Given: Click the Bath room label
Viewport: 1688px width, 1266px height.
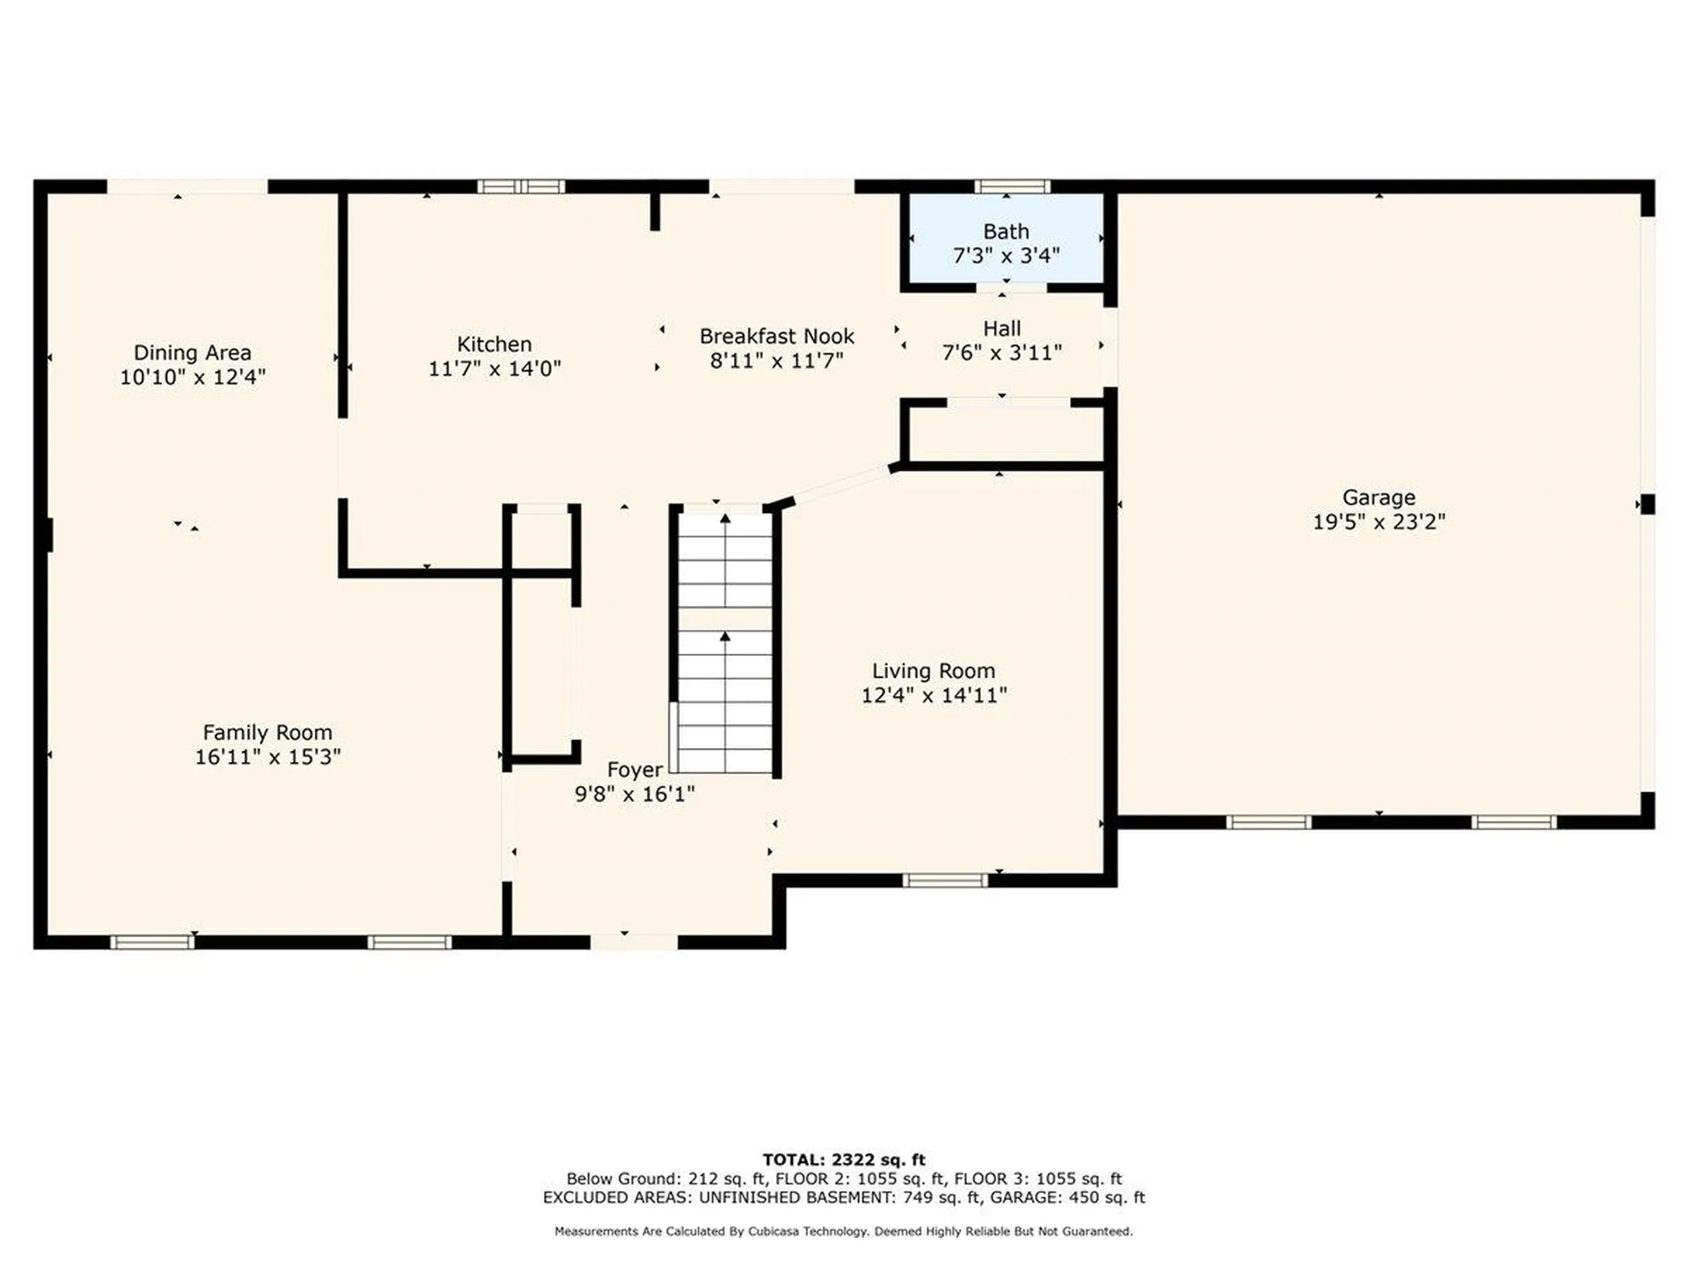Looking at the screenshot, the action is click(1006, 231).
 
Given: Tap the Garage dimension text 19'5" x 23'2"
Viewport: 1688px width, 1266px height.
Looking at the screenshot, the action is click(1379, 521).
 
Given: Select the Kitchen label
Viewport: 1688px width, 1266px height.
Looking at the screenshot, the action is click(494, 344).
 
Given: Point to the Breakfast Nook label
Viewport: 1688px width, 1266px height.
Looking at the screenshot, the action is click(776, 336).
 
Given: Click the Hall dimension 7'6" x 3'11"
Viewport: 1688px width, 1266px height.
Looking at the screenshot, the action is click(1002, 353).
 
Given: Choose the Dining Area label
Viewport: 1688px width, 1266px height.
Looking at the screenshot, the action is click(193, 353).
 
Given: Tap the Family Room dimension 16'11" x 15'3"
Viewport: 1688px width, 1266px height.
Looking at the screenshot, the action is click(267, 756).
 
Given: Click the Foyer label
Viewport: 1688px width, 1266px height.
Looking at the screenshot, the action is click(635, 770).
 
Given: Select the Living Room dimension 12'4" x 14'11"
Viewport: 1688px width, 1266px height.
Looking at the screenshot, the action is click(934, 695).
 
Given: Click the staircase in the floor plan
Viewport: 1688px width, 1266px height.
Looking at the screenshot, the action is click(725, 642).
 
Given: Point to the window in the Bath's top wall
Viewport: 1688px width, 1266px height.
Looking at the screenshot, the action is click(1012, 186).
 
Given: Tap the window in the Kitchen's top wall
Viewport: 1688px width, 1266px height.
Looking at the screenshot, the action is click(520, 186).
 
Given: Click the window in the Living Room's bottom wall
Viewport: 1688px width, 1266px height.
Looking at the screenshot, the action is click(945, 880).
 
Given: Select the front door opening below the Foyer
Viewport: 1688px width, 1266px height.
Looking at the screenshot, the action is click(634, 942).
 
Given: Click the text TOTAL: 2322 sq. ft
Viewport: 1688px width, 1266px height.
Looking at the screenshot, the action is click(844, 1160).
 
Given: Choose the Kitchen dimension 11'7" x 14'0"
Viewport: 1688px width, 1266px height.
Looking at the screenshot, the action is click(494, 368).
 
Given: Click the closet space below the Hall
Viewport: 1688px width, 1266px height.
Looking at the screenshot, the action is click(1002, 433).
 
